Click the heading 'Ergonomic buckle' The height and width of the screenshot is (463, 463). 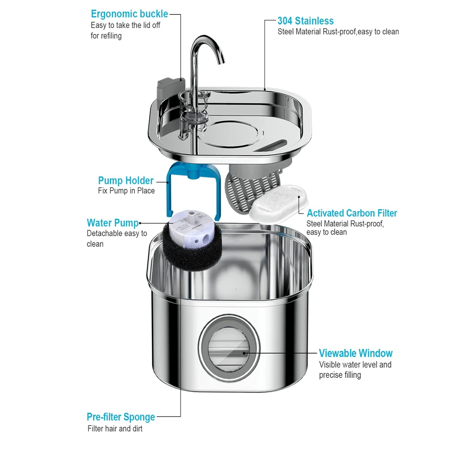pos(129,14)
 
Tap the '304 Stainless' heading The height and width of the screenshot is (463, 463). pos(305,21)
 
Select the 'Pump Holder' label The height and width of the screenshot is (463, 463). pos(125,181)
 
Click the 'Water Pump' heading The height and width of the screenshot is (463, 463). pos(113,223)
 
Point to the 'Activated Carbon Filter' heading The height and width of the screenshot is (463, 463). pos(352,213)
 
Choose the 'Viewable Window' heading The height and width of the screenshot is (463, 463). pos(356,353)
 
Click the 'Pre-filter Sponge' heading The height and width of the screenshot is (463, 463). pos(120,417)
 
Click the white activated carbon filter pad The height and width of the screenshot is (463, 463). pos(275,205)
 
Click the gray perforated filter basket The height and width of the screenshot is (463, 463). pos(241,190)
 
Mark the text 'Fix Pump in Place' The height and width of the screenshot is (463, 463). pos(126,191)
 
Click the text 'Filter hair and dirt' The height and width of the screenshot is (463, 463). pos(115,429)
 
